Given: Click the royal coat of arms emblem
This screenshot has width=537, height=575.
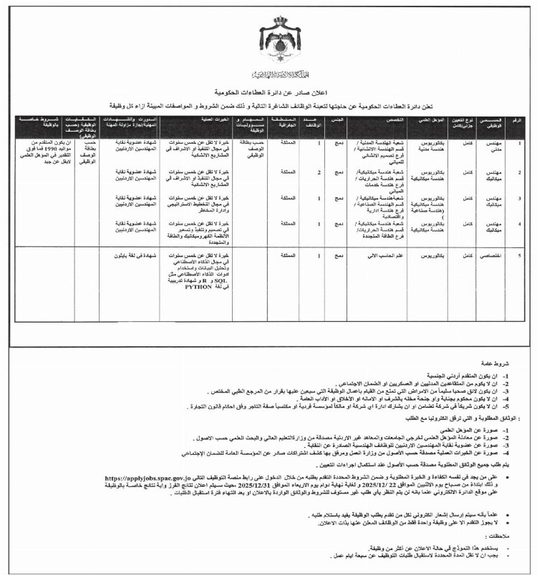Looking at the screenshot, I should tap(268, 39).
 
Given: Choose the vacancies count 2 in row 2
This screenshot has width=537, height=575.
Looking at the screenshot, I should tap(317, 172).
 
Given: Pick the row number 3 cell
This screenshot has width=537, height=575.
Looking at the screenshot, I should tap(520, 197).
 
